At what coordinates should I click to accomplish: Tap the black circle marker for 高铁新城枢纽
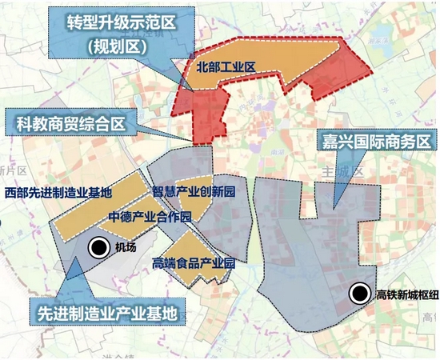pos(362,295)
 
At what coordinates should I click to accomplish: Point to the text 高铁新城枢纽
pos(406,295)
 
